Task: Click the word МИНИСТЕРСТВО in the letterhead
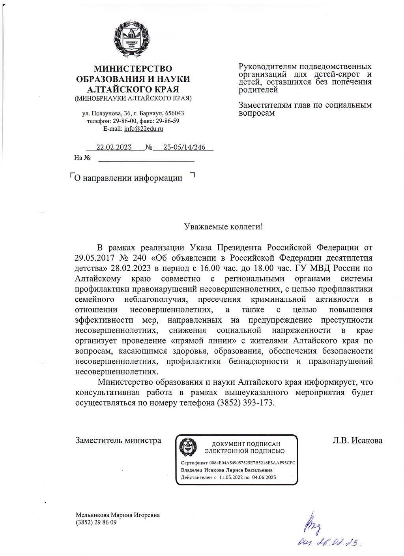[x=133, y=69]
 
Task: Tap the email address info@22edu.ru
[x=144, y=129]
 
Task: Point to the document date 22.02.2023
[x=114, y=147]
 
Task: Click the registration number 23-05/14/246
[x=184, y=147]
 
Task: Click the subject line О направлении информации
[x=128, y=178]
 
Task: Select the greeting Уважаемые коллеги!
[x=223, y=227]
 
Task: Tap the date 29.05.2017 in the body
[x=94, y=258]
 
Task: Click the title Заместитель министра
[x=118, y=440]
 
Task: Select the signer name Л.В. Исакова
[x=357, y=440]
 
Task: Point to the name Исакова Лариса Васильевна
[x=238, y=470]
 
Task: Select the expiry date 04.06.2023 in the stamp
[x=264, y=477]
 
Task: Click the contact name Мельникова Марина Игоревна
[x=118, y=515]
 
